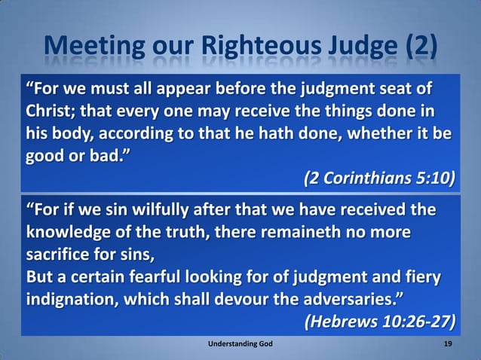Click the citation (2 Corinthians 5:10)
[380, 179]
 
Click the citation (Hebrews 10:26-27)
[380, 322]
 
